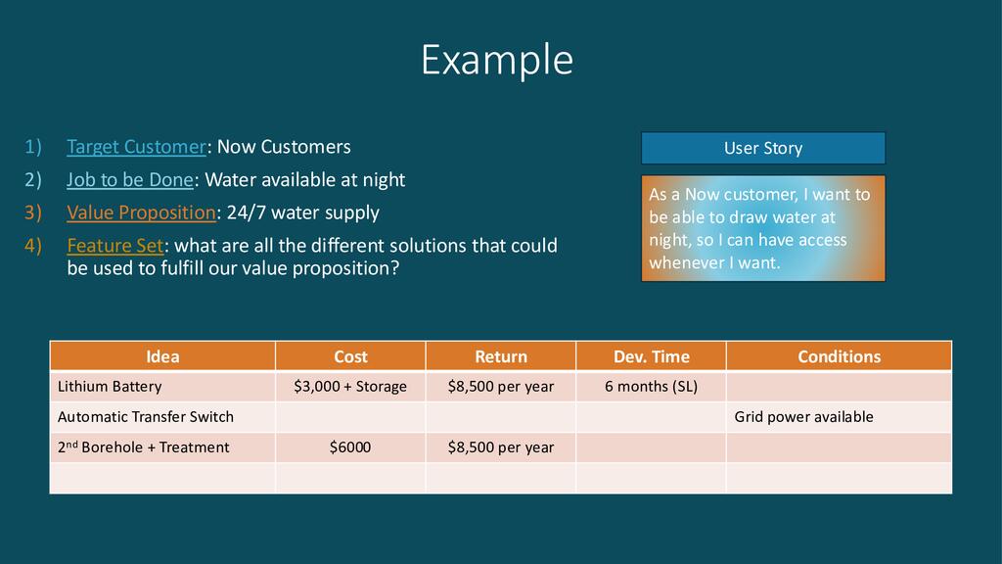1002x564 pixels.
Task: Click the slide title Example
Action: coord(497,60)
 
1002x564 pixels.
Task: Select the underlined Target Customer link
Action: coord(137,147)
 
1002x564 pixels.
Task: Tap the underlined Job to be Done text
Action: coord(130,180)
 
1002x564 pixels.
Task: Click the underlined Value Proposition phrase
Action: coord(141,212)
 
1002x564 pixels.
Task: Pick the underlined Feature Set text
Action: coord(115,246)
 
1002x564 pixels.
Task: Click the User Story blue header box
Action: coord(763,149)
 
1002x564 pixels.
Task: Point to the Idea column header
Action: coord(162,356)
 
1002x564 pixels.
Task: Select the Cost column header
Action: coord(350,356)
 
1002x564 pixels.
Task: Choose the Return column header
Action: coord(500,356)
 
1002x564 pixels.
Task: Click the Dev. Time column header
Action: coord(651,356)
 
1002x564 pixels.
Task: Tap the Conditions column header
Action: coord(839,356)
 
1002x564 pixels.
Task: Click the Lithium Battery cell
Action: coord(162,386)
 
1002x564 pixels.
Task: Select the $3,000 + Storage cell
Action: coord(350,386)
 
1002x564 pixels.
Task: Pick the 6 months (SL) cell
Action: coord(651,386)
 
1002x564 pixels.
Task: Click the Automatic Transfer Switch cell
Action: coord(162,417)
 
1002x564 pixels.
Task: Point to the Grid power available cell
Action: coord(839,417)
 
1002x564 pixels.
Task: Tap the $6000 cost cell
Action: coord(350,446)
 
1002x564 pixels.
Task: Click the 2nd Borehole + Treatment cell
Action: coord(162,446)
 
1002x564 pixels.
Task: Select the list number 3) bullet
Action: coord(33,212)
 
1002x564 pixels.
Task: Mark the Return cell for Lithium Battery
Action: coord(500,386)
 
